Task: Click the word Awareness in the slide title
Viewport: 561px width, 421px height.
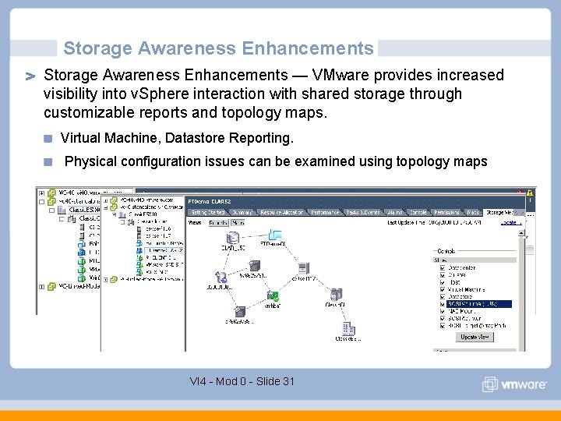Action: tap(188, 48)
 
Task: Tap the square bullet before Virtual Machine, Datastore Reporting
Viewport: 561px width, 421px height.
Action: tap(48, 139)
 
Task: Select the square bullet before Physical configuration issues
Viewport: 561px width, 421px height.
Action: tap(48, 162)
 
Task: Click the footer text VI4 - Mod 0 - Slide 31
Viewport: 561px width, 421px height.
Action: tap(242, 381)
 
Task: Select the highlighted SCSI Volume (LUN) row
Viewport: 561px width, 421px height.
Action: tap(478, 304)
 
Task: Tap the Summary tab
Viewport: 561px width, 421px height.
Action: tap(242, 212)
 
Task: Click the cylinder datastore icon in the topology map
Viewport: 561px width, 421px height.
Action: tap(233, 239)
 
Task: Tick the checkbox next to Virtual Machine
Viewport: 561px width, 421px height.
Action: tap(442, 289)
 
